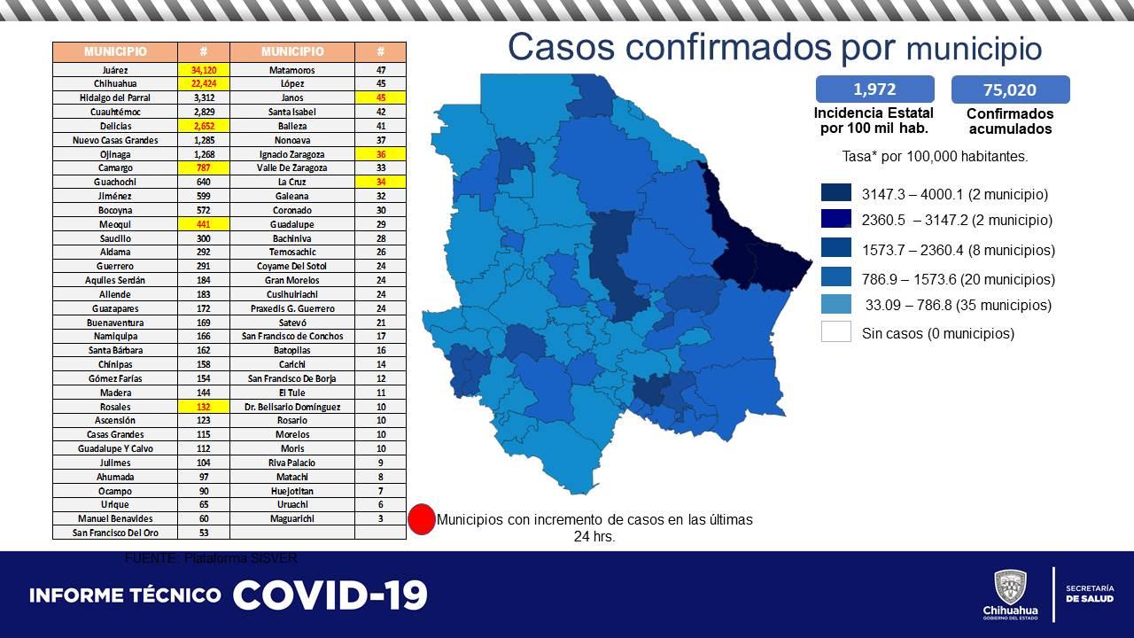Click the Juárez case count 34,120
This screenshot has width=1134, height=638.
[203, 69]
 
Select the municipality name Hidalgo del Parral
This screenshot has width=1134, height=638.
[114, 97]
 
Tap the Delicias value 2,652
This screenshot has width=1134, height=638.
[203, 126]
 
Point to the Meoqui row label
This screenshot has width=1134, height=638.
[114, 224]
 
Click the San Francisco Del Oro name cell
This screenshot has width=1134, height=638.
[114, 533]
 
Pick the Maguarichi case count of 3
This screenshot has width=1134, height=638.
[380, 518]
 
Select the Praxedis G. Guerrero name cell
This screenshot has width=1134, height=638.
[291, 308]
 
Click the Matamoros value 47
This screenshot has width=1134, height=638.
[380, 69]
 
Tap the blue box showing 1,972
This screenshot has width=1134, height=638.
[874, 89]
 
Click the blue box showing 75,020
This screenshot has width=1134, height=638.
[1010, 89]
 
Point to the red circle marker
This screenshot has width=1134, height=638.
[422, 519]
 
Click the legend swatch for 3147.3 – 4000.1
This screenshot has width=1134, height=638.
[835, 194]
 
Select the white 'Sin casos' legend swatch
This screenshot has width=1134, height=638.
[835, 332]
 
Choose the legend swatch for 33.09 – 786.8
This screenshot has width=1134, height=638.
[835, 305]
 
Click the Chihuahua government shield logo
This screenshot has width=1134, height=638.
[1010, 587]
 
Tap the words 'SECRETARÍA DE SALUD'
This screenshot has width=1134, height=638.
[1089, 594]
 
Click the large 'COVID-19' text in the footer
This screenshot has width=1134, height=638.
[330, 595]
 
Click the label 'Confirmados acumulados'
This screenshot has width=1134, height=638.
[1010, 121]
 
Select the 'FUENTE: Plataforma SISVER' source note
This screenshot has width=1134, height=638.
[211, 558]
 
